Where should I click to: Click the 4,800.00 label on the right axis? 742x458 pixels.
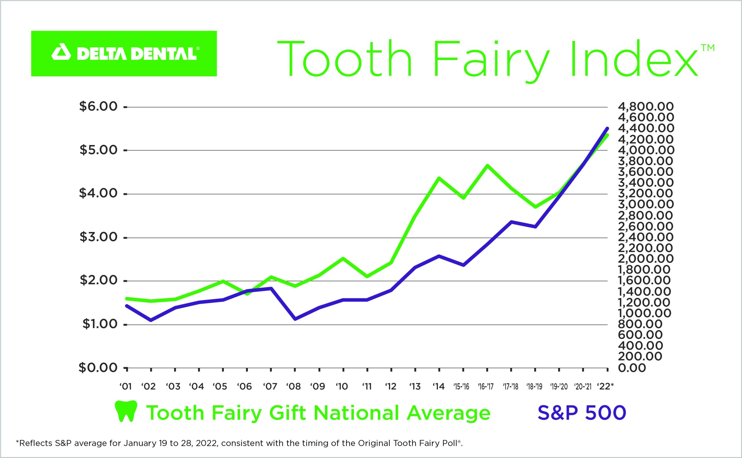coord(646,107)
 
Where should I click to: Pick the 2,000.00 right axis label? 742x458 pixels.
coord(646,259)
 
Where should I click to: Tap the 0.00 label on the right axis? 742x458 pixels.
coord(632,368)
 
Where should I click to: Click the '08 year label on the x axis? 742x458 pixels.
coord(294,387)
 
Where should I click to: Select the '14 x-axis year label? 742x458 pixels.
coord(439,387)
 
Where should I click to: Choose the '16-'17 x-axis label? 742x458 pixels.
coord(486,387)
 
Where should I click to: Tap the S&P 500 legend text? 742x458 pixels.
coord(582,412)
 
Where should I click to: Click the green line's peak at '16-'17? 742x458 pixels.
coord(487,165)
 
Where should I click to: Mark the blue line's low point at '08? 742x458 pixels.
coord(295,319)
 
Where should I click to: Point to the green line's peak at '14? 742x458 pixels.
coord(439,178)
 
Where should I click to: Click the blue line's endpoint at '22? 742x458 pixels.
coord(607,128)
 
